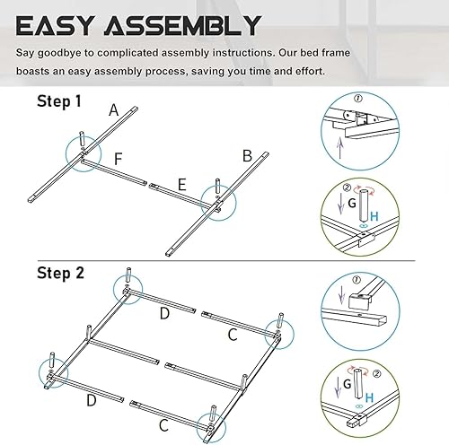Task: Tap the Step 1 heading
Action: click(58, 101)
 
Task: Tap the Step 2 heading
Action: click(59, 271)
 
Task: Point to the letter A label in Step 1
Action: click(114, 110)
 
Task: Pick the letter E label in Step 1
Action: click(181, 185)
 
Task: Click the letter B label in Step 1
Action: click(247, 155)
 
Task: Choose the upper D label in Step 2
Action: click(164, 312)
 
